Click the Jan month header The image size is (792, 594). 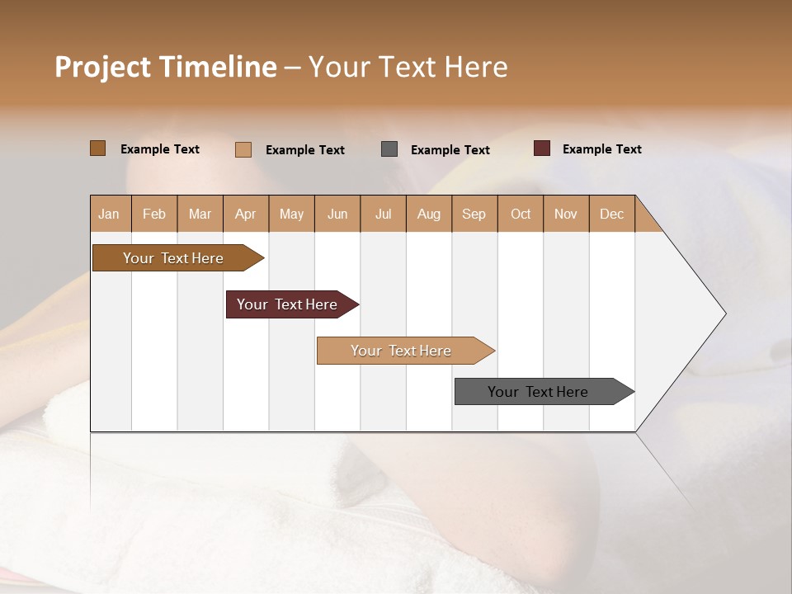pyautogui.click(x=110, y=214)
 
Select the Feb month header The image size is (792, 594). pyautogui.click(x=154, y=214)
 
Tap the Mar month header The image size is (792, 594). pyautogui.click(x=200, y=214)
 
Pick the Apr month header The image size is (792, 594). pyautogui.click(x=246, y=214)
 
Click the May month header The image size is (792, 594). pyautogui.click(x=291, y=214)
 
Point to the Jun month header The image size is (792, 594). pyautogui.click(x=337, y=214)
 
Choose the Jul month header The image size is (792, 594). pyautogui.click(x=383, y=214)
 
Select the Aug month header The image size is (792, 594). pyautogui.click(x=428, y=214)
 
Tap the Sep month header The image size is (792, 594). pyautogui.click(x=474, y=214)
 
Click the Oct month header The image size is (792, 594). pyautogui.click(x=521, y=214)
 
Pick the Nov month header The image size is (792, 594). pyautogui.click(x=566, y=214)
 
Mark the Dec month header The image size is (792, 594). pyautogui.click(x=611, y=214)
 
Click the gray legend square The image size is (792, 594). pyautogui.click(x=389, y=149)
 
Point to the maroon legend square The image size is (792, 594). pyautogui.click(x=542, y=148)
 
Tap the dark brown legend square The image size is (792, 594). pyautogui.click(x=98, y=148)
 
